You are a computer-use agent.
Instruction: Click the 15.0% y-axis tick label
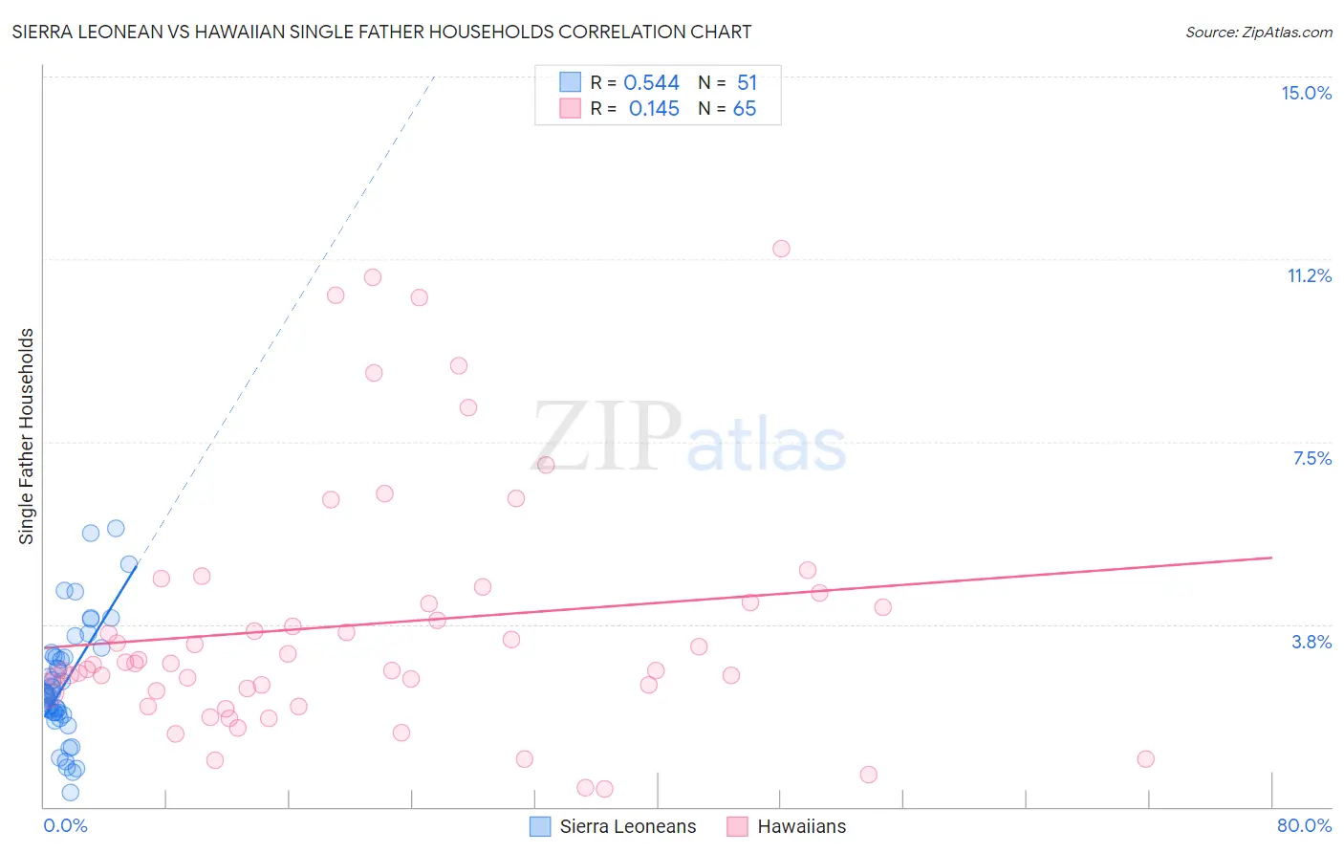pyautogui.click(x=1306, y=93)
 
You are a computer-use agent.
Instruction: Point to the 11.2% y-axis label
pyautogui.click(x=1309, y=275)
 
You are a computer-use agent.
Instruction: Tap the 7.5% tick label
pyautogui.click(x=1311, y=458)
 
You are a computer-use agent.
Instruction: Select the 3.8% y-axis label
pyautogui.click(x=1311, y=642)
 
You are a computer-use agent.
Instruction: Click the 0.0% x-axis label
pyautogui.click(x=65, y=825)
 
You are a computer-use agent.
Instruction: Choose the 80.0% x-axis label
pyautogui.click(x=1304, y=825)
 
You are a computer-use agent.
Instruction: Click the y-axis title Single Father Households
pyautogui.click(x=26, y=436)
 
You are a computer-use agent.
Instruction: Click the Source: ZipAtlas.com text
pyautogui.click(x=1258, y=32)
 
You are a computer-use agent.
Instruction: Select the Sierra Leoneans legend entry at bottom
pyautogui.click(x=614, y=826)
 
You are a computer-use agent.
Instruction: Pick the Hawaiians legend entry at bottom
pyautogui.click(x=787, y=826)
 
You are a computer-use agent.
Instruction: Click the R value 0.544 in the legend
pyautogui.click(x=651, y=83)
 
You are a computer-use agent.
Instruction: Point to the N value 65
pyautogui.click(x=744, y=109)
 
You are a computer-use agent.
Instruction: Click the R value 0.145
pyautogui.click(x=654, y=109)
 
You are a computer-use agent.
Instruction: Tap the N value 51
pyautogui.click(x=747, y=83)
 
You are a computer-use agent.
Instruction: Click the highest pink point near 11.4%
pyautogui.click(x=781, y=249)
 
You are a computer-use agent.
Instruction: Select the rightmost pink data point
pyautogui.click(x=1145, y=758)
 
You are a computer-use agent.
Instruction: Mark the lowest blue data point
pyautogui.click(x=70, y=792)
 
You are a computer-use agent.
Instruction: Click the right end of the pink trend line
pyautogui.click(x=1271, y=557)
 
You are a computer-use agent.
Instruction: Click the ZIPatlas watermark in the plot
pyautogui.click(x=688, y=439)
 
